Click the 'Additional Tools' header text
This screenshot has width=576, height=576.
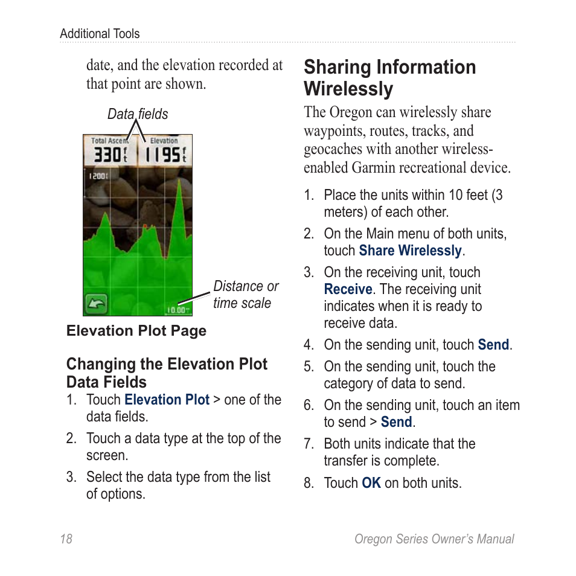click(100, 34)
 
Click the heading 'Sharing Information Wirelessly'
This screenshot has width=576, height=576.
click(389, 78)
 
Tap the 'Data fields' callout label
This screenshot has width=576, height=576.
click(138, 114)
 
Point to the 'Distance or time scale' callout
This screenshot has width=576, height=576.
click(245, 295)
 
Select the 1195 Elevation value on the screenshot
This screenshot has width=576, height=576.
click(165, 155)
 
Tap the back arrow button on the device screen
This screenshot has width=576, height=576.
click(96, 303)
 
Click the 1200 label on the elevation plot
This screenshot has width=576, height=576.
click(98, 176)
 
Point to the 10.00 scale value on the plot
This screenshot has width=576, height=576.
click(176, 310)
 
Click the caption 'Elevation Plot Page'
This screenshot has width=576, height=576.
click(136, 331)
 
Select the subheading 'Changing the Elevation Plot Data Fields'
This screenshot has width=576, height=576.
click(167, 373)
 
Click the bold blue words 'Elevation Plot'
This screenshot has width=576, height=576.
click(167, 400)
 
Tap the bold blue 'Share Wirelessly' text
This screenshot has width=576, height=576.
click(410, 251)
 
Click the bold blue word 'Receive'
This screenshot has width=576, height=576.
click(348, 289)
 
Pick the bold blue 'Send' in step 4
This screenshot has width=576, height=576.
click(493, 345)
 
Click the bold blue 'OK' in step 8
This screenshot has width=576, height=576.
click(371, 483)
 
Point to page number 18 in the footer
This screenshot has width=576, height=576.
click(66, 539)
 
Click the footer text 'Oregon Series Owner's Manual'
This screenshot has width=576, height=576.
click(434, 539)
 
